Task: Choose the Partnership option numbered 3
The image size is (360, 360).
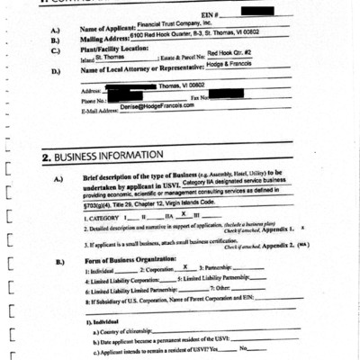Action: click(x=226, y=268)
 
